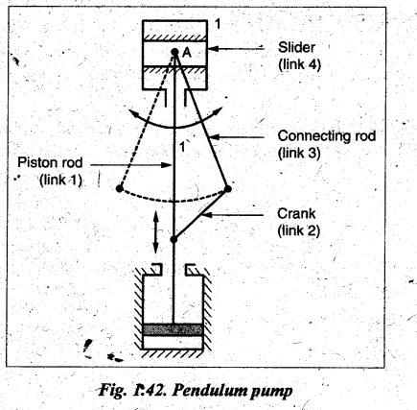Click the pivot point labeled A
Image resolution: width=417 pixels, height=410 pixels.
174,51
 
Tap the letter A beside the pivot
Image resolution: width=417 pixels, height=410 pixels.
187,53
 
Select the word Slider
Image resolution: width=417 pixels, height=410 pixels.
296,48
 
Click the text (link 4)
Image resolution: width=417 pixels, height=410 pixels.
299,65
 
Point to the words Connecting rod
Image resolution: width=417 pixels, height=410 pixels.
326,136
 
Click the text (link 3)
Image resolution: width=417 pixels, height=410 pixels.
299,154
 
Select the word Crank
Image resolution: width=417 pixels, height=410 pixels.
296,213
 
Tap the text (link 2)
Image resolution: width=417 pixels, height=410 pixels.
299,230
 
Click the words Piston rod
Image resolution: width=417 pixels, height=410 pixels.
50,162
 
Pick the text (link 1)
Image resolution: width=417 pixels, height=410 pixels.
60,181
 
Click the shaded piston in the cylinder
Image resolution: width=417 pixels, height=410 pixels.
173,329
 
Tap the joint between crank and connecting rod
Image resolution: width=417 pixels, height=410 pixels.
228,189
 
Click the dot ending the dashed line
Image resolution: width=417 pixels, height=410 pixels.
120,188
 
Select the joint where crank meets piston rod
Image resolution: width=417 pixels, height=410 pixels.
174,239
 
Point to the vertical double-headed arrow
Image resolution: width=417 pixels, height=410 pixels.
155,231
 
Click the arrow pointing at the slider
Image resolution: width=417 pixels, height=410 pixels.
237,49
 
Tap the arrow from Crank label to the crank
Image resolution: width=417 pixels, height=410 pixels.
233,215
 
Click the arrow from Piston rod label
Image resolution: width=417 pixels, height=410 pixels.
131,165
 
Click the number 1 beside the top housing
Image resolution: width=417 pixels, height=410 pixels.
218,24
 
